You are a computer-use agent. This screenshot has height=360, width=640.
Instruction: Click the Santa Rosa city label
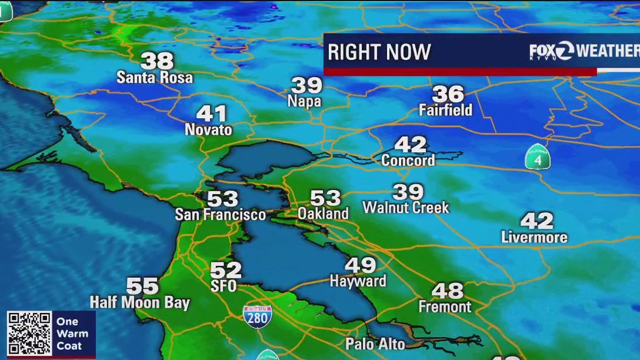[154, 77]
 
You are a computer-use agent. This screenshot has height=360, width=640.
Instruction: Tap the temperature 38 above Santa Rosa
[157, 61]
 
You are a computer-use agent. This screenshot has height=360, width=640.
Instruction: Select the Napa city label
[304, 101]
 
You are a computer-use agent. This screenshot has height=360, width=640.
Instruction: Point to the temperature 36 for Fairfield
[448, 94]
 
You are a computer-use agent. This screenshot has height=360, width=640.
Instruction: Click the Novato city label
[208, 129]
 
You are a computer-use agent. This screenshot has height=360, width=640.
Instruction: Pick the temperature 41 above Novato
[211, 113]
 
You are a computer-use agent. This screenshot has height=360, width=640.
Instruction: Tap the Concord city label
[408, 160]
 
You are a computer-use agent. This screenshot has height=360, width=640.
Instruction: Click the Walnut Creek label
[405, 207]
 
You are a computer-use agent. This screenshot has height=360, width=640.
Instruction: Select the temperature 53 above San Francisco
[222, 199]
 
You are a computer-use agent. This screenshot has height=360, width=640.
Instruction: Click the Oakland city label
[323, 214]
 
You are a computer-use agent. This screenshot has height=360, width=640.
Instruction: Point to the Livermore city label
[534, 237]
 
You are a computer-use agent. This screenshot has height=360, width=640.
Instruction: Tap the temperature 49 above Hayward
[361, 265]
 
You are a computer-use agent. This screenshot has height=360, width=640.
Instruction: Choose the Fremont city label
[445, 306]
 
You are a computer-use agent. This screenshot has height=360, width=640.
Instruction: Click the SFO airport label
[224, 286]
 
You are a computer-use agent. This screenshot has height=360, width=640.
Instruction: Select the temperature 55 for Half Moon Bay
[142, 286]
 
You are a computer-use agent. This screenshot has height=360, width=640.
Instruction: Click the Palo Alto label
[375, 344]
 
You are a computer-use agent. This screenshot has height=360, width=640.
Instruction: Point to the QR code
[29, 333]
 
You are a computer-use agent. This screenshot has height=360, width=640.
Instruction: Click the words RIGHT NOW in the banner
[379, 52]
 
